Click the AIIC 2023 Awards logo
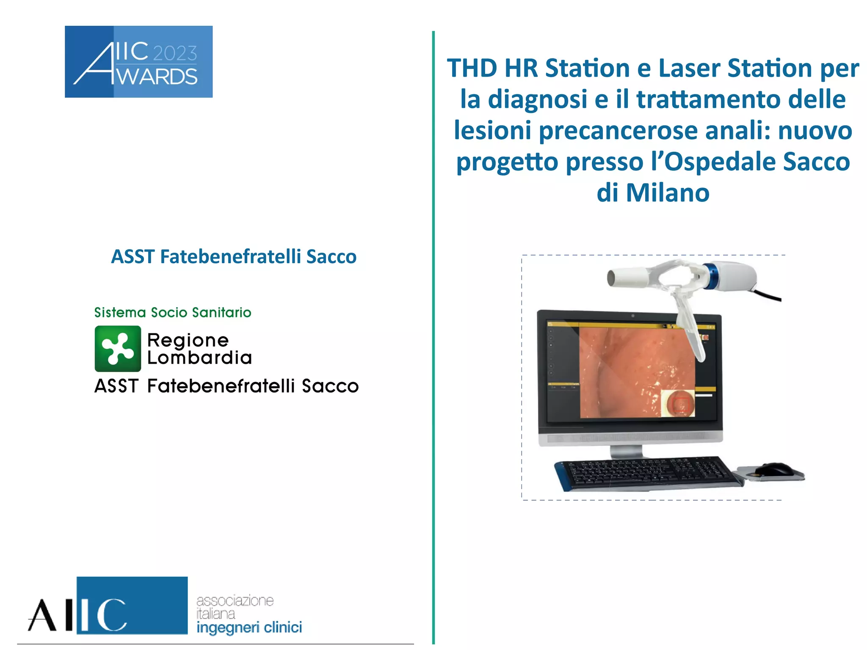coord(138,62)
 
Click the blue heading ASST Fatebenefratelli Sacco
coord(234,257)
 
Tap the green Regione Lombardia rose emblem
coord(118,348)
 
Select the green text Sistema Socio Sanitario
coord(172,312)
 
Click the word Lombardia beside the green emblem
coord(199,358)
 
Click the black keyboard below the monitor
coord(648,473)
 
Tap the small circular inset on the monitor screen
coord(679,403)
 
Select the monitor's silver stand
coord(627,451)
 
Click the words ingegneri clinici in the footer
coord(249,627)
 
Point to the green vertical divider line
coord(433,339)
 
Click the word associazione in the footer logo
coord(235,600)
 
